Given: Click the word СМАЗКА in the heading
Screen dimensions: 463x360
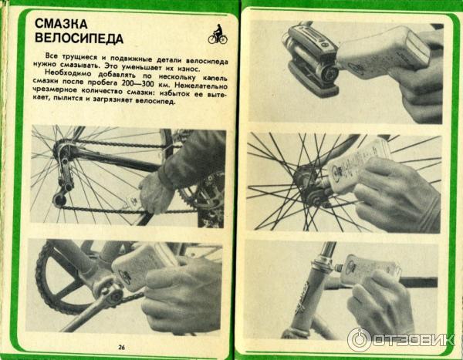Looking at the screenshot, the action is coord(61,24).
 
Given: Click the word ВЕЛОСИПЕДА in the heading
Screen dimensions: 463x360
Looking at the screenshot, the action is coord(79,39).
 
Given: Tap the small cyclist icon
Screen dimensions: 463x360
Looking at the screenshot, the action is coord(218,34).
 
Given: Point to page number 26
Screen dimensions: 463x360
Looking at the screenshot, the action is coord(121,348).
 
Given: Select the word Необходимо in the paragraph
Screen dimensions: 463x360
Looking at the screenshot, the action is coord(68,72).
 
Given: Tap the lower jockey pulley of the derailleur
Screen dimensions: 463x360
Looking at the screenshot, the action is coord(59,199).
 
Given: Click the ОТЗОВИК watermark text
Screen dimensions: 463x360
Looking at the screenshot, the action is coord(414,340).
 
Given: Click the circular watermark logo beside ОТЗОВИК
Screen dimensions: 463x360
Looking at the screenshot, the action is coord(359,340).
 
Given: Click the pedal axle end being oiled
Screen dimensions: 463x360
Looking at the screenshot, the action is coord(329,73).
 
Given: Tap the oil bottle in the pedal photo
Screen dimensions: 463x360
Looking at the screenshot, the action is coord(384,52).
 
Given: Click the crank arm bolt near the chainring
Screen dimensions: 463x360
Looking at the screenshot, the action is coord(113,294).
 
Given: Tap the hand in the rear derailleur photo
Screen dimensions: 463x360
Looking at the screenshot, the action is coord(157,192).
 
